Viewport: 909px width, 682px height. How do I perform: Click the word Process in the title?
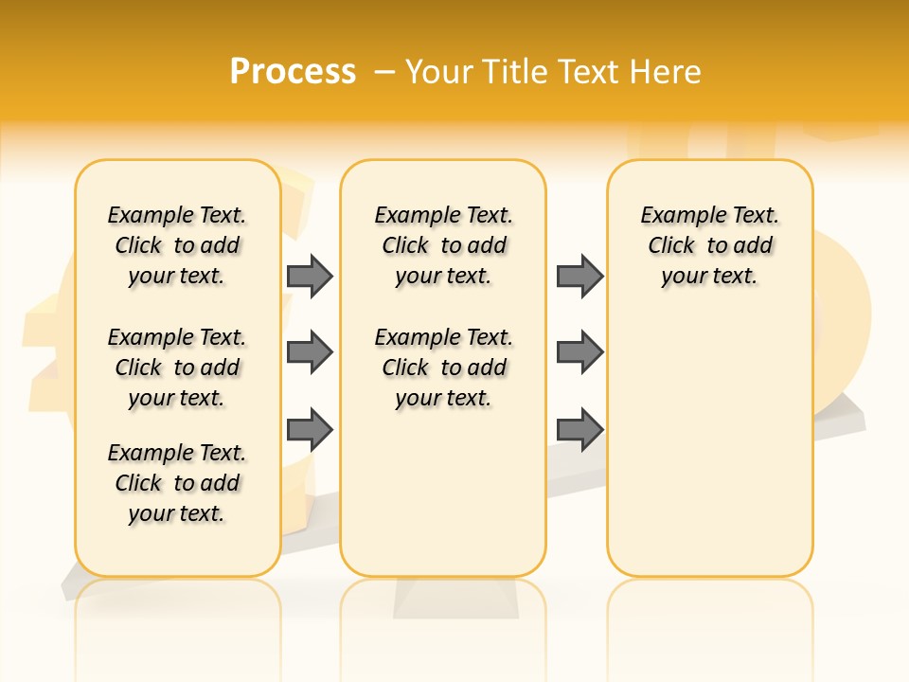point(293,71)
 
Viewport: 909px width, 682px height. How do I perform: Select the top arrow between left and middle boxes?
point(310,276)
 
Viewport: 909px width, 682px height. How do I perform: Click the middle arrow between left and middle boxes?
point(310,353)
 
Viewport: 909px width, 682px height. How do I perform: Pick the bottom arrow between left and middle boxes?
point(310,430)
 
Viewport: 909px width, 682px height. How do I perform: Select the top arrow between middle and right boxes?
point(579,276)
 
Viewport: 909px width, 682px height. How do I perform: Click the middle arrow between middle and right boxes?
point(579,353)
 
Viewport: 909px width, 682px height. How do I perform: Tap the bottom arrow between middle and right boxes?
point(579,430)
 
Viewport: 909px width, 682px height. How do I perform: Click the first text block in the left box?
point(177,245)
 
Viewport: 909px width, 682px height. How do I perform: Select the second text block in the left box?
point(177,368)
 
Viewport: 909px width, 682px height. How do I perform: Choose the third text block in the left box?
point(177,483)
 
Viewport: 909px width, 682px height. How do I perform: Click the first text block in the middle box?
point(443,245)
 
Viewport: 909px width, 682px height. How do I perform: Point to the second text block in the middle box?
point(443,368)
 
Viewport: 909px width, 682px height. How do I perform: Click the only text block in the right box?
point(710,245)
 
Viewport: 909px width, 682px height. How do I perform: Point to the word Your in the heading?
point(439,72)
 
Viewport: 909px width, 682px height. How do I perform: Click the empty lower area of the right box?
point(710,455)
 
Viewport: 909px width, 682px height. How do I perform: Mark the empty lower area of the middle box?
point(443,493)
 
